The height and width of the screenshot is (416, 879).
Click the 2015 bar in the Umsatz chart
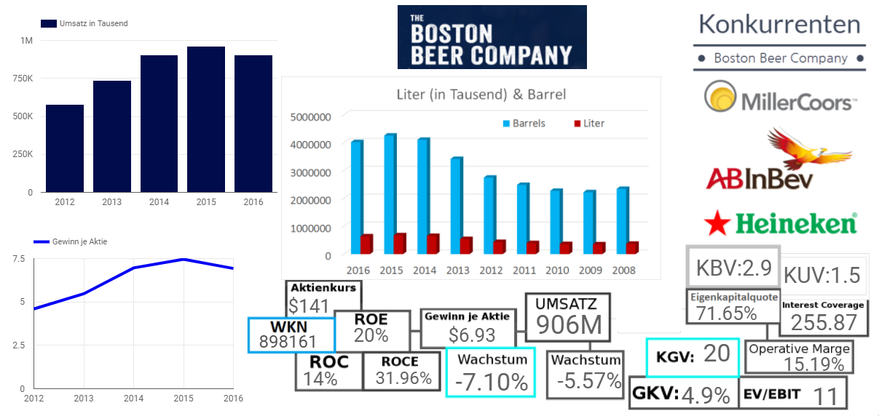point(205,119)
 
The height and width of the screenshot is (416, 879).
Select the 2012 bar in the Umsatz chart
point(65,148)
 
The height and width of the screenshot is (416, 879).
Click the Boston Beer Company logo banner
point(492,37)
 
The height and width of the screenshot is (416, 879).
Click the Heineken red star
point(718,222)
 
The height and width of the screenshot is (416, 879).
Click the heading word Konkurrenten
point(779,24)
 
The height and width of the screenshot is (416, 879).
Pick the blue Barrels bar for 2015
point(390,193)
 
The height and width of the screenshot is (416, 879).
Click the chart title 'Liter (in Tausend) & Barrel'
point(481,95)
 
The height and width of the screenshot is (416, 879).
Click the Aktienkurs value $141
point(309,305)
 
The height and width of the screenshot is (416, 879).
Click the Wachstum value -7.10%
point(491,381)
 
